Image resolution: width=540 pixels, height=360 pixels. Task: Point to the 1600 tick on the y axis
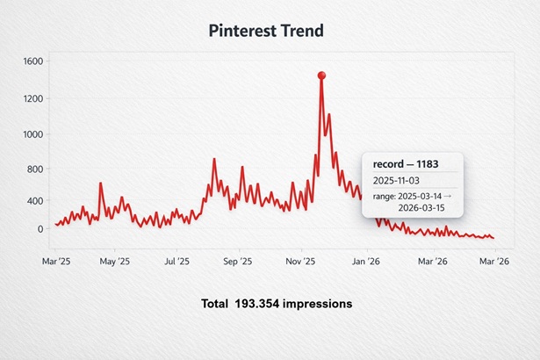(33, 61)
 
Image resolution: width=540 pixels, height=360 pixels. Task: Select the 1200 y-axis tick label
(33, 98)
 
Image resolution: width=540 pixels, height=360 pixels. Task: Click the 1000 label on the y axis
(33, 134)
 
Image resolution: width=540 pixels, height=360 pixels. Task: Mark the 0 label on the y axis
(40, 229)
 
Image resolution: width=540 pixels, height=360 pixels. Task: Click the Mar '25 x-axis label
(58, 262)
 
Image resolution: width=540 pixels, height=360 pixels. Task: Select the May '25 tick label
(115, 262)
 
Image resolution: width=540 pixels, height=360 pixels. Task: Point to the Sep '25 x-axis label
(238, 262)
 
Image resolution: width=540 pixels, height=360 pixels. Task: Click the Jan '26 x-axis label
(365, 262)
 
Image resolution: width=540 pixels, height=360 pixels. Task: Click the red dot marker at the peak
(321, 76)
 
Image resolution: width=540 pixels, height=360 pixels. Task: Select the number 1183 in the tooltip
(424, 163)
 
